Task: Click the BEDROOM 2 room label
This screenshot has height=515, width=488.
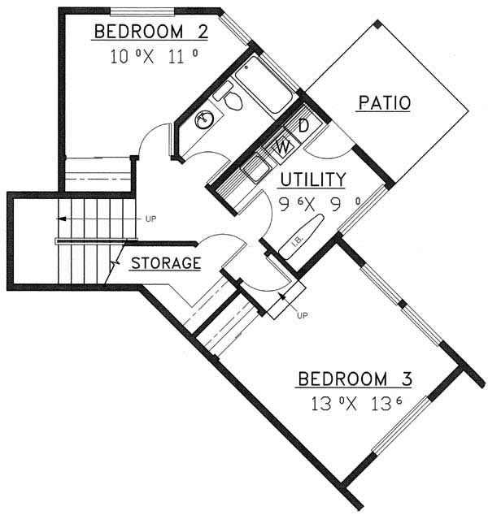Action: (x=151, y=32)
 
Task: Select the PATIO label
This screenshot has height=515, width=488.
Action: (x=384, y=103)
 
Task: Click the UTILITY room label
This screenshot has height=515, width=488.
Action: (x=313, y=179)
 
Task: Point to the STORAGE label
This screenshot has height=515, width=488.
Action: (x=165, y=263)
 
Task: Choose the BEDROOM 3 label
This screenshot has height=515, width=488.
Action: (x=355, y=379)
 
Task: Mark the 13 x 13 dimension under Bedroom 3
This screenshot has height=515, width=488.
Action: (x=355, y=403)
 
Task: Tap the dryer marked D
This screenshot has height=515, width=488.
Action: (x=302, y=127)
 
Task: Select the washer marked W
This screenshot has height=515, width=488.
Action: (x=283, y=146)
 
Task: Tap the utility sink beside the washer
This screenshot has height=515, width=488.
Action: (x=258, y=169)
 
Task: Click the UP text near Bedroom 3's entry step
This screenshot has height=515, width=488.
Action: (x=304, y=314)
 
